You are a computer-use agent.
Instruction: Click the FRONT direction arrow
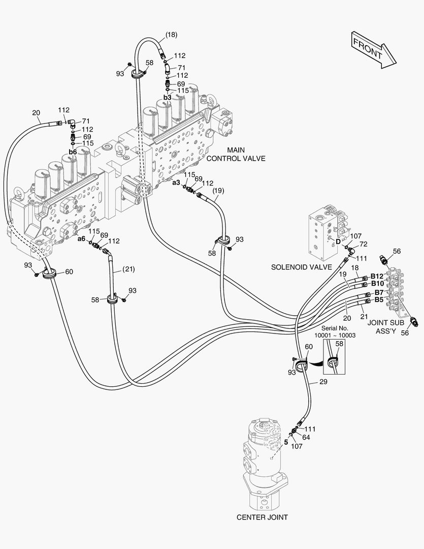(x=373, y=49)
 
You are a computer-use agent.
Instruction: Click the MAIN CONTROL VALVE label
(x=235, y=154)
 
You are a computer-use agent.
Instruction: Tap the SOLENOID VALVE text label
(x=301, y=267)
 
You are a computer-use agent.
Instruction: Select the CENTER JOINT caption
(x=262, y=517)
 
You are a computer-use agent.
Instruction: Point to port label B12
(x=376, y=276)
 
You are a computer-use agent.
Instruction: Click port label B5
(x=379, y=300)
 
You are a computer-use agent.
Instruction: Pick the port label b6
(x=72, y=152)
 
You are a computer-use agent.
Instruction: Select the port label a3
(x=176, y=182)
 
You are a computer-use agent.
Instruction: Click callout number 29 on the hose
(x=323, y=382)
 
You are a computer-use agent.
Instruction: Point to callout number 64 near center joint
(x=306, y=437)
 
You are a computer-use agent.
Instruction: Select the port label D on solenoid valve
(x=338, y=241)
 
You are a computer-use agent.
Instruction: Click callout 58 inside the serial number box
(x=340, y=344)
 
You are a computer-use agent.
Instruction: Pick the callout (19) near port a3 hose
(x=218, y=191)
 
